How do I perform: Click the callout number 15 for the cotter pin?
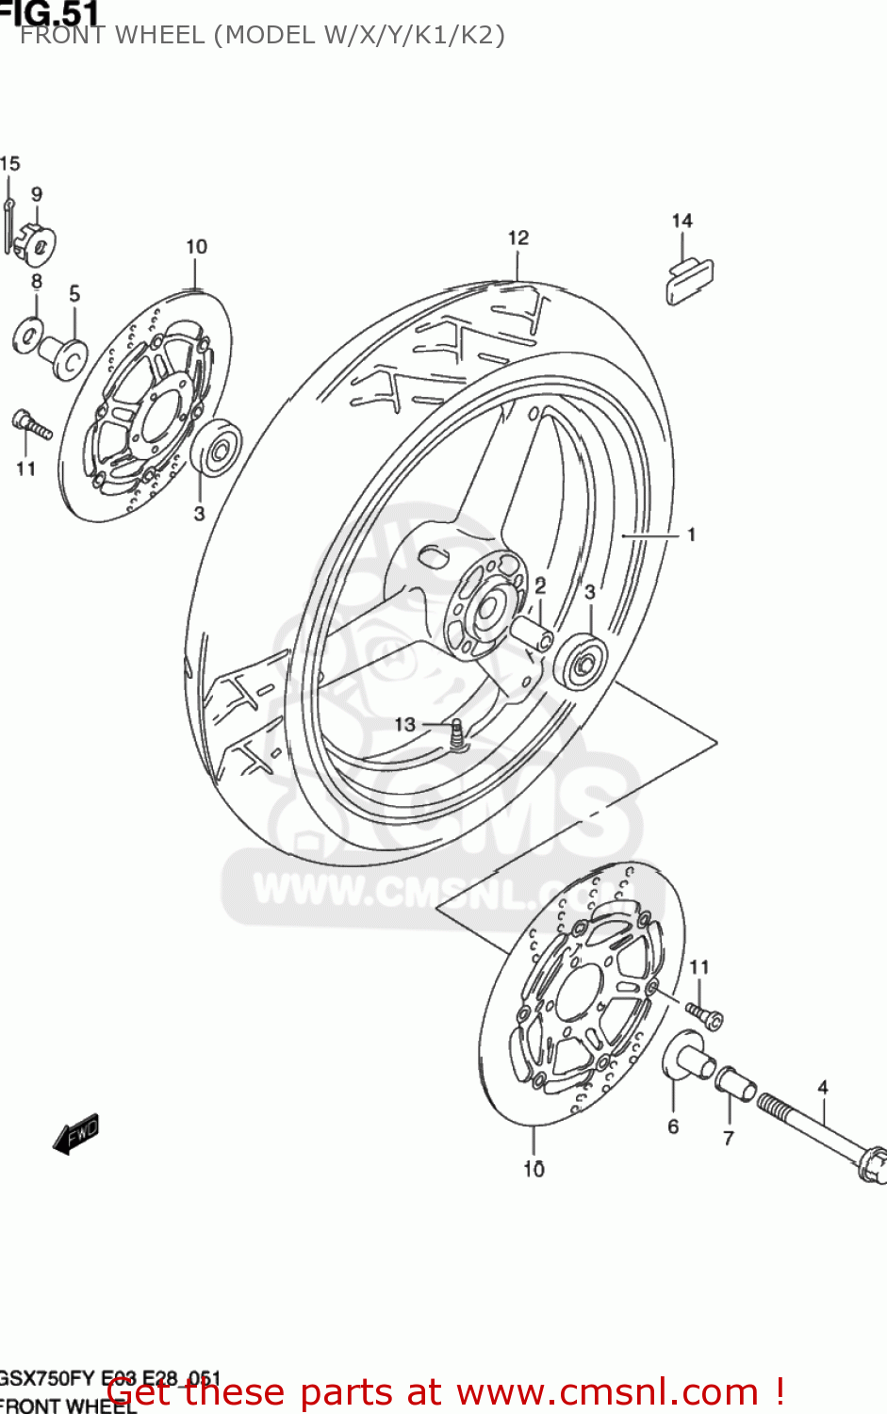(10, 164)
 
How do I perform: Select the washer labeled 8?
(28, 334)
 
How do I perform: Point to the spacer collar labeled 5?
(67, 356)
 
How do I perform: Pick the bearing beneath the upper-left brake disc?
(217, 448)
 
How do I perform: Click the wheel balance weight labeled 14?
(689, 280)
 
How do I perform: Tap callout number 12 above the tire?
(518, 238)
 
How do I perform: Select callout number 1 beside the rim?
(691, 534)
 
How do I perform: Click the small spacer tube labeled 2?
(534, 632)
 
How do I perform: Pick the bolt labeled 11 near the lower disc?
(704, 1013)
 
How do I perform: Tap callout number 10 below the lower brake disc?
(534, 1169)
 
